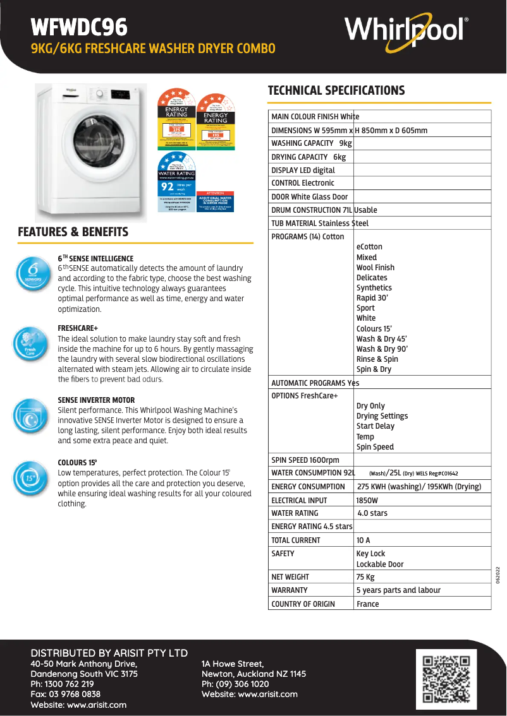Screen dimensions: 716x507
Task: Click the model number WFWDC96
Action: point(79,27)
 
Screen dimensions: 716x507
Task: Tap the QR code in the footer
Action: point(446,679)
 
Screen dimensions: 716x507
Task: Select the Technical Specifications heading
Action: point(336,90)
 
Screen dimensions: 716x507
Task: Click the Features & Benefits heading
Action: point(73,232)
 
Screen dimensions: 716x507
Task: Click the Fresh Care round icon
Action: point(30,344)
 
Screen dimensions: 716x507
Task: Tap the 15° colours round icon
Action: point(30,477)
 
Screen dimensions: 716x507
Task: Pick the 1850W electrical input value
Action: point(367,500)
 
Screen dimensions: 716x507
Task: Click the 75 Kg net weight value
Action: point(365,577)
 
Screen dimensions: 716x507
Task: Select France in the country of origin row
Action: point(368,604)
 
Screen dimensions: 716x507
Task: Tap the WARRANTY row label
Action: point(290,590)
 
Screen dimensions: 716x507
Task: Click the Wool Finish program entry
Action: point(376,268)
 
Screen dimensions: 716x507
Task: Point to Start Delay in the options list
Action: point(376,426)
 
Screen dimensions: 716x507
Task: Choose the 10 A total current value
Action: point(363,540)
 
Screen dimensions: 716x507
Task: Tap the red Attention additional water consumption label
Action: point(216,201)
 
